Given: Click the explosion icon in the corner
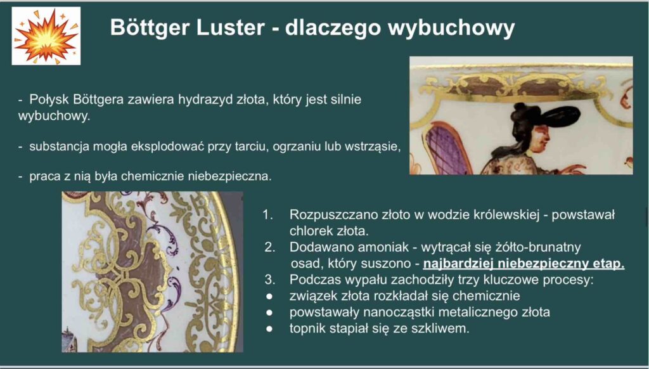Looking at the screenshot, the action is [46, 36].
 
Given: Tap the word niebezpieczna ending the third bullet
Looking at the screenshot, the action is [229, 176].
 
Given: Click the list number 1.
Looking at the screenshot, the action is [267, 214].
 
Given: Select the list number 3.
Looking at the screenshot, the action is [269, 280].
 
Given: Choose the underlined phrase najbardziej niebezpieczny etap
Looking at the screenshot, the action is [524, 263].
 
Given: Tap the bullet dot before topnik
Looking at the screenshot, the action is [269, 329].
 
